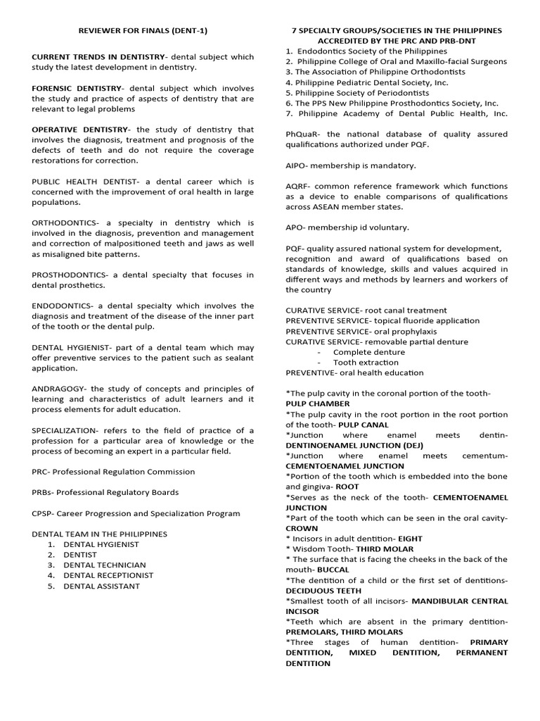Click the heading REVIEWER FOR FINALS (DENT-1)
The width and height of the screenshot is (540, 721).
[142, 31]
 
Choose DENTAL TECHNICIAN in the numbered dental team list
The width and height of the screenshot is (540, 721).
[105, 565]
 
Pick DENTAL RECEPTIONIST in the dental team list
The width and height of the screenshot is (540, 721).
[108, 575]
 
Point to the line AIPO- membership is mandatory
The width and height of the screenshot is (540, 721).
[350, 165]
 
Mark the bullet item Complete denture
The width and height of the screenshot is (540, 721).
[368, 352]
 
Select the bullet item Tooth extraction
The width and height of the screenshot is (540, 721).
[366, 363]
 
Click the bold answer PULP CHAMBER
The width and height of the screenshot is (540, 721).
[317, 404]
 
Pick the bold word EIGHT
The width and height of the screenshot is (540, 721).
[409, 539]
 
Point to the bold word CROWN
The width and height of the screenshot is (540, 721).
[302, 528]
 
